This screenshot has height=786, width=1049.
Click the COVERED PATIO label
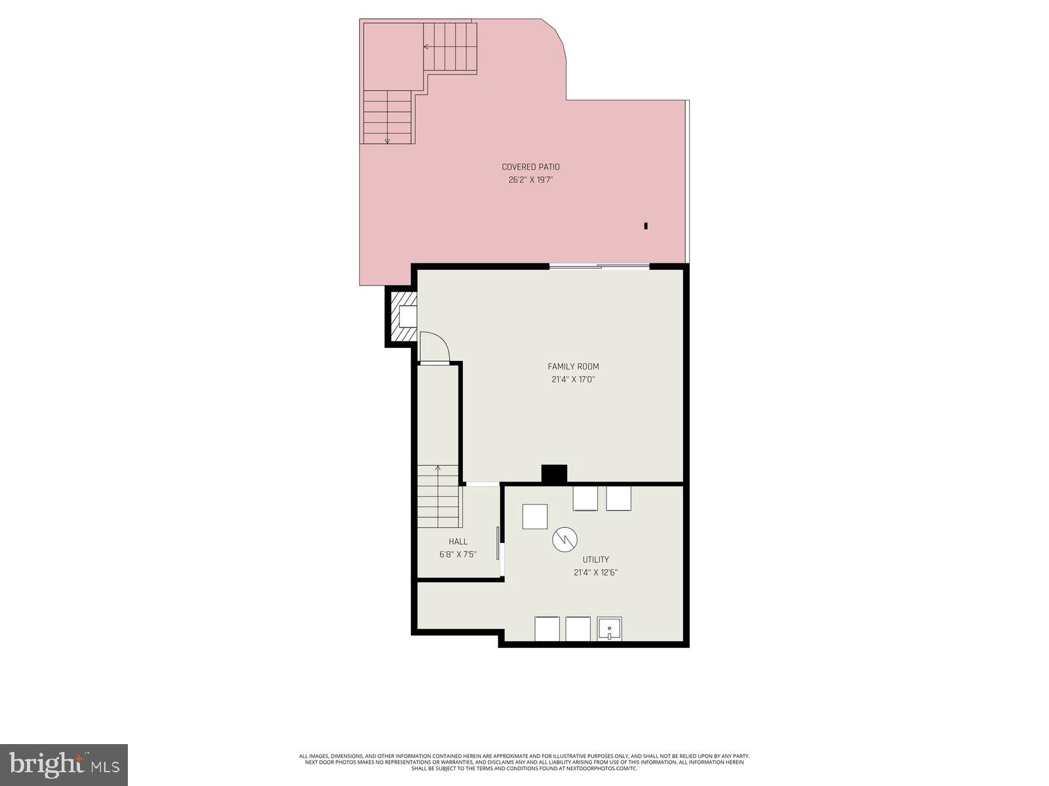(x=530, y=167)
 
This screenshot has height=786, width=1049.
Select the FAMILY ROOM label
(x=573, y=367)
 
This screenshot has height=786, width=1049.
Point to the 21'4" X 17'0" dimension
(x=573, y=379)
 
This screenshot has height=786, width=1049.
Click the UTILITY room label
(x=595, y=559)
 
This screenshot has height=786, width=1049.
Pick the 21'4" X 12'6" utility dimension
(x=595, y=572)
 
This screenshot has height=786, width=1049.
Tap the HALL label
(x=458, y=542)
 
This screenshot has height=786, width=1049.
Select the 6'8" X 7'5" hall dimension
(x=458, y=554)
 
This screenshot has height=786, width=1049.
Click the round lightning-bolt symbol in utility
(x=564, y=540)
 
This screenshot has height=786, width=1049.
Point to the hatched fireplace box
(x=401, y=317)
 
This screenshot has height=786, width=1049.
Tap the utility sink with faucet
(x=609, y=629)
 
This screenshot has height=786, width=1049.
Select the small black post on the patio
(x=646, y=226)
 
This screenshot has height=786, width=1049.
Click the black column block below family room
(x=554, y=474)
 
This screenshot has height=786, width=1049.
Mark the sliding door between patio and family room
(x=599, y=266)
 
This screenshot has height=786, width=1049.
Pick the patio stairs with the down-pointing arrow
(x=387, y=118)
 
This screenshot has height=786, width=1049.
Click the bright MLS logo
(x=64, y=763)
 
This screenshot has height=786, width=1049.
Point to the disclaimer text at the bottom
(x=524, y=762)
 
